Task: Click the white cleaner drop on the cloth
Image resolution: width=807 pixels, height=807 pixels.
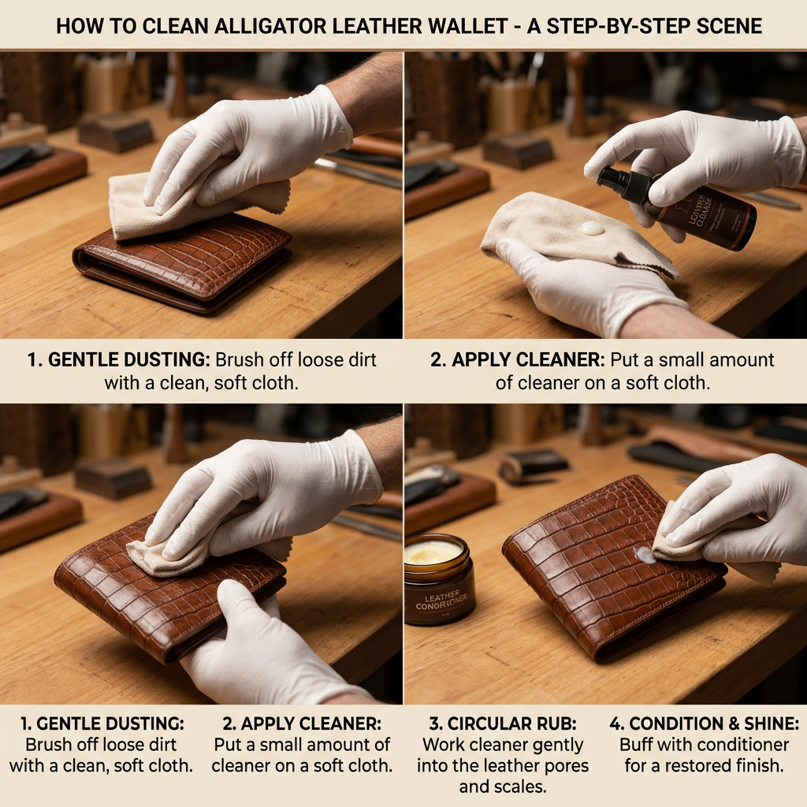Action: coord(592,228)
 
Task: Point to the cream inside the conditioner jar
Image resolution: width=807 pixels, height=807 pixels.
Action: coord(433,552)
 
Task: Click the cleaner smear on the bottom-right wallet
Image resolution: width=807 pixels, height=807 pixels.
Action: coord(646,556)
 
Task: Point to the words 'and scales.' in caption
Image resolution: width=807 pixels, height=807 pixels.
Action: coord(503,787)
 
